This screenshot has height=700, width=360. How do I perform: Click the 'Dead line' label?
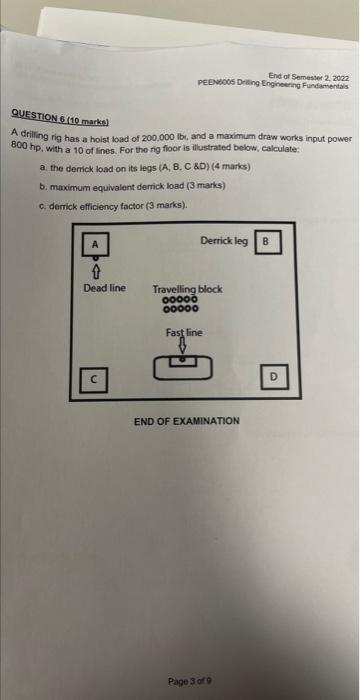click(x=104, y=288)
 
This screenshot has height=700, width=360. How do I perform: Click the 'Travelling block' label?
click(x=187, y=289)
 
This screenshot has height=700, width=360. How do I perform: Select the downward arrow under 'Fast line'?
click(x=183, y=345)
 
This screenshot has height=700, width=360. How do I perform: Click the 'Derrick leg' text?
click(x=223, y=241)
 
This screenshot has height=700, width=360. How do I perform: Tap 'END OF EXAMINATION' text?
click(x=187, y=421)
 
